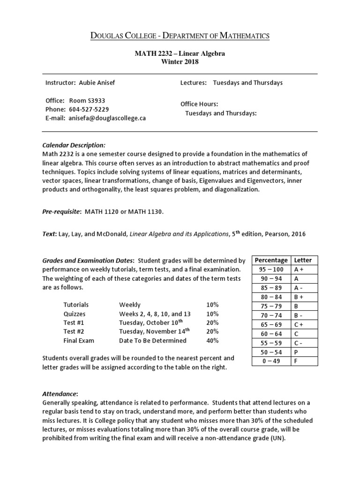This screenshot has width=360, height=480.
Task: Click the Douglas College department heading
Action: pyautogui.click(x=180, y=36)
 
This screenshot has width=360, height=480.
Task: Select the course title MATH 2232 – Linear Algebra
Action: pyautogui.click(x=180, y=53)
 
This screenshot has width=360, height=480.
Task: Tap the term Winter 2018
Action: pyautogui.click(x=180, y=62)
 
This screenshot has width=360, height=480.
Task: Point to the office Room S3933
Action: pyautogui.click(x=90, y=100)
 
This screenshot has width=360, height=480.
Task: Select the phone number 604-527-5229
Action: pyautogui.click(x=89, y=109)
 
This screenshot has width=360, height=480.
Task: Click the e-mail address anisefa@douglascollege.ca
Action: pyautogui.click(x=107, y=118)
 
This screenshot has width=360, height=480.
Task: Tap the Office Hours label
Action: pyautogui.click(x=199, y=104)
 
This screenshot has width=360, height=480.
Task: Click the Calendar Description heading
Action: pyautogui.click(x=74, y=145)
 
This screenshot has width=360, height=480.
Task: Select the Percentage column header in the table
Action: pyautogui.click(x=271, y=260)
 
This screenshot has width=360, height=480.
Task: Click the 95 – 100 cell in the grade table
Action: pyautogui.click(x=271, y=270)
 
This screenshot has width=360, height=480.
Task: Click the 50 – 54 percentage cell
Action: pyautogui.click(x=271, y=352)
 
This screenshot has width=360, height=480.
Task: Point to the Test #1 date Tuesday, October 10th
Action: pyautogui.click(x=150, y=322)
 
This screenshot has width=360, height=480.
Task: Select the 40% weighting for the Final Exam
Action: pyautogui.click(x=212, y=340)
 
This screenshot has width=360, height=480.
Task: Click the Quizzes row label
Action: pyautogui.click(x=75, y=314)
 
